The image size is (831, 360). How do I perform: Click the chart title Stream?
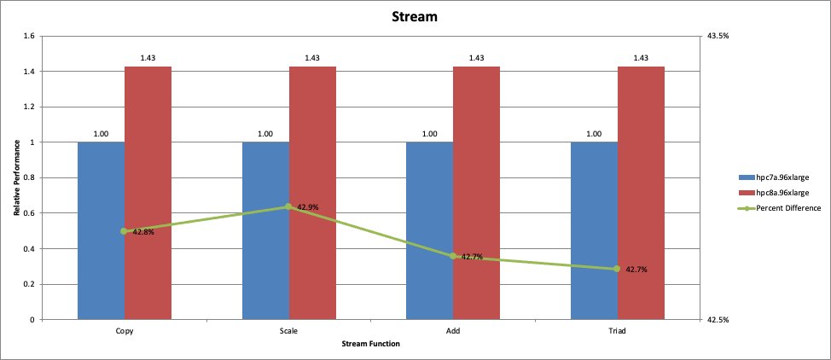pos(415,16)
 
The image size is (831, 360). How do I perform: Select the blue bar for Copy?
pos(101,230)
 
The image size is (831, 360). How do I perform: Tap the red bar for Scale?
pos(312,193)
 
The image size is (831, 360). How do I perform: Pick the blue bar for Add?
pos(429,230)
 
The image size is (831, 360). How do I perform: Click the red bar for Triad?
pos(641,193)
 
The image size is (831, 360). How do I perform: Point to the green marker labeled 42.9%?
pos(288,206)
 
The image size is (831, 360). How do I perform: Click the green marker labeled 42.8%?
pos(124,231)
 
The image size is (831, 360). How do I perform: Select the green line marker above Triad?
pos(617,270)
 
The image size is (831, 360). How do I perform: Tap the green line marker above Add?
pos(453,256)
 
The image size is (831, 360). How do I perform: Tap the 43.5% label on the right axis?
pos(718,36)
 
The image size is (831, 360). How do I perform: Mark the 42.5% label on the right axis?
pos(718,320)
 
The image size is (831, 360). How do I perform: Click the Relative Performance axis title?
pos(16,177)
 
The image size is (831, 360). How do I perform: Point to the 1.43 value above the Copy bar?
pos(148,58)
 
